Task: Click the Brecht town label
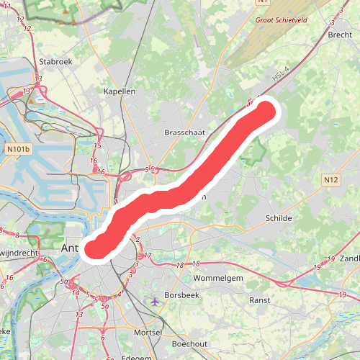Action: [x=339, y=35]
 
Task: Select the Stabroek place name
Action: [x=56, y=62]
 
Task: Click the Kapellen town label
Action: [x=120, y=92]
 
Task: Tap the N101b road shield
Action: [x=19, y=150]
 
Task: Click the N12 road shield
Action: [x=330, y=180]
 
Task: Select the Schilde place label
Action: [x=279, y=217]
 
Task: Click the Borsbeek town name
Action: [x=181, y=296]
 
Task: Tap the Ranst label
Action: [x=259, y=300]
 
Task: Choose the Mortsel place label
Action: [x=148, y=333]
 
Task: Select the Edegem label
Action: [x=138, y=357]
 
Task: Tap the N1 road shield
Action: [x=263, y=3]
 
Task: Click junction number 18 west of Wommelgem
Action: [x=178, y=266]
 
